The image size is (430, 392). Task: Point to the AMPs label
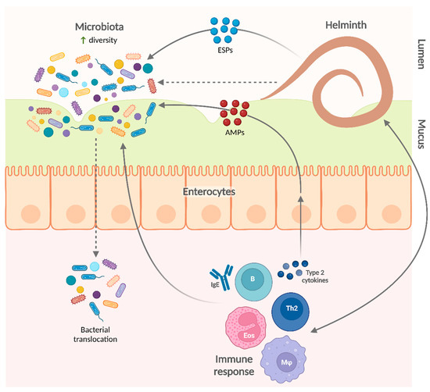(233, 132)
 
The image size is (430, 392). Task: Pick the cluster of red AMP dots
(234, 112)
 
